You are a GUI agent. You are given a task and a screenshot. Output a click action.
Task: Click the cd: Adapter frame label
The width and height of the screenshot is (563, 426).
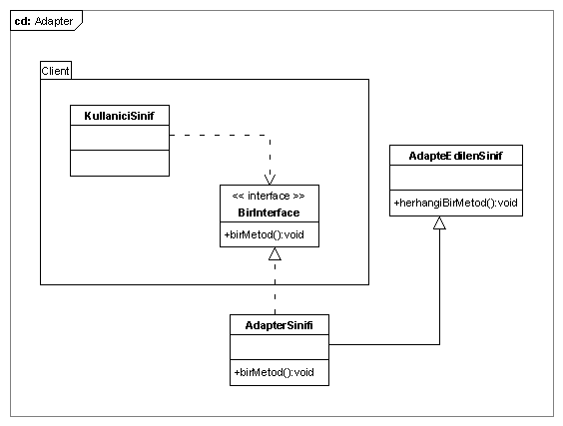pyautogui.click(x=44, y=21)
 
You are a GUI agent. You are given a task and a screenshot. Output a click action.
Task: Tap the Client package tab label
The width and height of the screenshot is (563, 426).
pyautogui.click(x=55, y=71)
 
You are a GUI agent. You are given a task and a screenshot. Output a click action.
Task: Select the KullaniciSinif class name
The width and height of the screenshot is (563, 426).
pyautogui.click(x=119, y=116)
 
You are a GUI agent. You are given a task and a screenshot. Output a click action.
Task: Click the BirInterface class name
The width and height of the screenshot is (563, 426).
pyautogui.click(x=269, y=213)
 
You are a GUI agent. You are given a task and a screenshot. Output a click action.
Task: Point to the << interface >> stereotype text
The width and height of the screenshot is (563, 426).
pyautogui.click(x=269, y=196)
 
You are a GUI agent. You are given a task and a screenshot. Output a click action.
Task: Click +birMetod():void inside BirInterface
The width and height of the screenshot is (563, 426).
pyautogui.click(x=265, y=234)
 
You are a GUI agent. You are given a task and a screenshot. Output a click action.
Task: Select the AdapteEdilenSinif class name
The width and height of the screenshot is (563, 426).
pyautogui.click(x=455, y=156)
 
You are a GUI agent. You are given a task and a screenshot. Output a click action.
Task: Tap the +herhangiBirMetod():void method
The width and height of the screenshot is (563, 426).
pyautogui.click(x=455, y=203)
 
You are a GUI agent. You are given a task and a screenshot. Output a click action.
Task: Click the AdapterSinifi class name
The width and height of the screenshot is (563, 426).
pyautogui.click(x=279, y=325)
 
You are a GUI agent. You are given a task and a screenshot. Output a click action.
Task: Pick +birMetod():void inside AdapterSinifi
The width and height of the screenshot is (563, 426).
pyautogui.click(x=274, y=372)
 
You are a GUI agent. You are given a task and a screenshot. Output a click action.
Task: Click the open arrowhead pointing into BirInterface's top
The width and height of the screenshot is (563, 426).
pyautogui.click(x=270, y=180)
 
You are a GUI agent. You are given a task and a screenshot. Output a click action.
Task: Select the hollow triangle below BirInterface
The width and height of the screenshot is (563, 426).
pyautogui.click(x=276, y=253)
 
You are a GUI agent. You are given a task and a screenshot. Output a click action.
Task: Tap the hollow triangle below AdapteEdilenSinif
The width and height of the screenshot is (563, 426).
pyautogui.click(x=439, y=222)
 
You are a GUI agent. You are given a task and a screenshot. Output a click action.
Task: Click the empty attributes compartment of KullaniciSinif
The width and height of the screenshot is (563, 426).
pyautogui.click(x=120, y=138)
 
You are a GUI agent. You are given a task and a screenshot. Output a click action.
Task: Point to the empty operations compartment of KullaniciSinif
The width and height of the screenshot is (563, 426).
pyautogui.click(x=120, y=163)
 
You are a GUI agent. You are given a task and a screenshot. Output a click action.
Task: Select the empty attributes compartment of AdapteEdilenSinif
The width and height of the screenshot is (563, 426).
pyautogui.click(x=456, y=178)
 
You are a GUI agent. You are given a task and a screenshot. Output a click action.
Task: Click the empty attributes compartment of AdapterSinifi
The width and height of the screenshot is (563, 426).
pyautogui.click(x=280, y=347)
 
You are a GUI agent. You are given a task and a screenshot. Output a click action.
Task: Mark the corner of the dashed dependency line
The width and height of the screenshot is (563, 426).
pyautogui.click(x=270, y=135)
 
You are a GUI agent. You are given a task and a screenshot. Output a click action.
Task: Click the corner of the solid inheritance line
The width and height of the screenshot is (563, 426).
pyautogui.click(x=439, y=344)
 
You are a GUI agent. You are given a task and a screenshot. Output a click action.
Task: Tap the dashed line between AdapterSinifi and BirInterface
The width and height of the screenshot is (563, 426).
pyautogui.click(x=276, y=287)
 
